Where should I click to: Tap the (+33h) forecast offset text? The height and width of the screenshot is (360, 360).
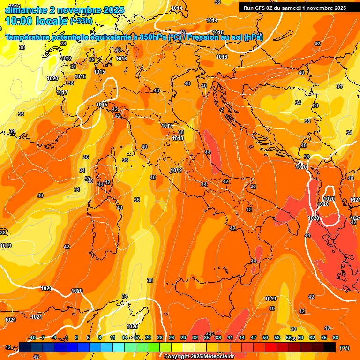81,21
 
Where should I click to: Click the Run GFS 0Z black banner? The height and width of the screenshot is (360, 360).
294,7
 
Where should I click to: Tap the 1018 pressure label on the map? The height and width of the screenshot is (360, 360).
178,138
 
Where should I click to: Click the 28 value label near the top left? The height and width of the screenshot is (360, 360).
63,44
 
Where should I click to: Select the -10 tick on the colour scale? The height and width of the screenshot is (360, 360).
32,337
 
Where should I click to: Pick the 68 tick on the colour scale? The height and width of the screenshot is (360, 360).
336,337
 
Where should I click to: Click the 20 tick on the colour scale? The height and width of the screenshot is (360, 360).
148,337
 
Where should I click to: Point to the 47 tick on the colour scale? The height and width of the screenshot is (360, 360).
254,337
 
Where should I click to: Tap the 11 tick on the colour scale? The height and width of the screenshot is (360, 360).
112,337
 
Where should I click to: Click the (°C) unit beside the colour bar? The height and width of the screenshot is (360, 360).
344,348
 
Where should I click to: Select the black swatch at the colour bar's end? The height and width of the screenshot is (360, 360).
330,347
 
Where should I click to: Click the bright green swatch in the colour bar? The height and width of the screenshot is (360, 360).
154,347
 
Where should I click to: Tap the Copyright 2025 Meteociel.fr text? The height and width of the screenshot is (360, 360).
199,356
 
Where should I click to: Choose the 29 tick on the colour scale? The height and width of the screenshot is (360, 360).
183,337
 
